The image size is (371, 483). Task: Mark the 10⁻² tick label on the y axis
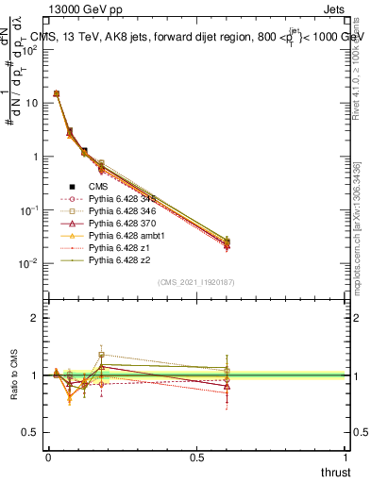click(x=30, y=263)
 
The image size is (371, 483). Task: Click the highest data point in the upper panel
click(x=57, y=93)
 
